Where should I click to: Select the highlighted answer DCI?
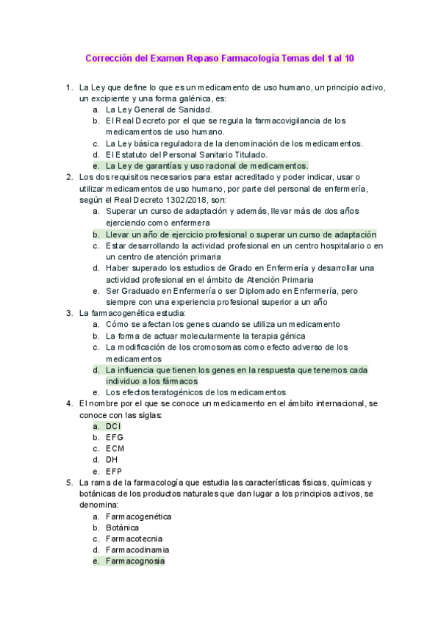point(113,426)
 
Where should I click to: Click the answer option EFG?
point(114,437)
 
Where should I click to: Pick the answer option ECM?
point(115,448)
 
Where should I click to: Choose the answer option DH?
point(112,459)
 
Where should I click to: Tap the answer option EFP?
point(114,471)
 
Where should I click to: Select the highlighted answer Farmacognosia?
point(135,561)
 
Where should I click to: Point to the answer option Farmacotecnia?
point(134,539)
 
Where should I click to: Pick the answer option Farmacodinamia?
point(137,550)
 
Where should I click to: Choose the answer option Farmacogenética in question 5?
point(138,516)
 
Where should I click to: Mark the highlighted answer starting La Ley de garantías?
point(207,166)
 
